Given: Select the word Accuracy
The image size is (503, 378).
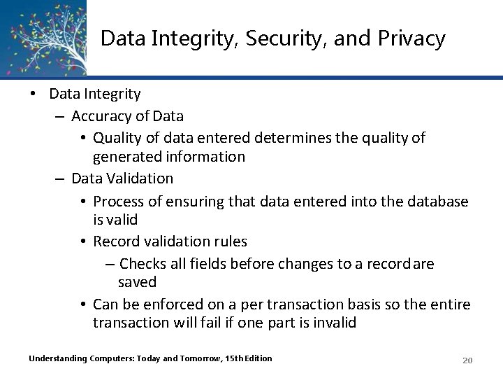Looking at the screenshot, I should [x=100, y=115].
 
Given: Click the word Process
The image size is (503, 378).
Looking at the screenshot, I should [x=118, y=201].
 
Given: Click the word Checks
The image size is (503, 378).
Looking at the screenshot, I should [x=142, y=263].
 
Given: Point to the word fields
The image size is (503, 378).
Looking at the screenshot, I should [x=208, y=263].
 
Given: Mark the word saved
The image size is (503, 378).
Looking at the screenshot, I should [x=137, y=282].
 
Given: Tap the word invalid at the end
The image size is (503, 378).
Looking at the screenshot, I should [x=335, y=323].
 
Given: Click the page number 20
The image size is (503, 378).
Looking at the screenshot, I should [x=468, y=360].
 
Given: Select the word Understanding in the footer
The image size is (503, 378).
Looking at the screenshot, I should [x=58, y=358].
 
